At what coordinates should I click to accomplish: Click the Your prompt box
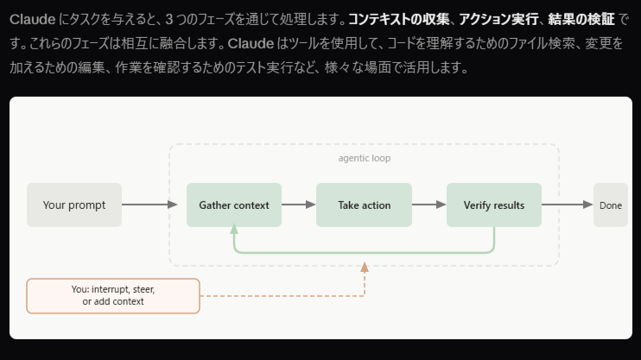pyautogui.click(x=74, y=205)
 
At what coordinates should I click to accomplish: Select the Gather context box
pyautogui.click(x=234, y=205)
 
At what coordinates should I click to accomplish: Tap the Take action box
pyautogui.click(x=364, y=205)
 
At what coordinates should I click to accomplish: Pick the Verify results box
pyautogui.click(x=493, y=205)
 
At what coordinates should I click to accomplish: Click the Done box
pyautogui.click(x=610, y=205)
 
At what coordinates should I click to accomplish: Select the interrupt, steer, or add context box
pyautogui.click(x=113, y=295)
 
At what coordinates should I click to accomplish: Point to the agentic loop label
pyautogui.click(x=364, y=158)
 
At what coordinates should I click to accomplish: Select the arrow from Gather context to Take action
pyautogui.click(x=298, y=205)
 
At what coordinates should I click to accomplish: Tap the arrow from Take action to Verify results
pyautogui.click(x=428, y=205)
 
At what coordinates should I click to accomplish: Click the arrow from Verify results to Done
pyautogui.click(x=567, y=205)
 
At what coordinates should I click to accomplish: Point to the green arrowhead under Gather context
pyautogui.click(x=234, y=231)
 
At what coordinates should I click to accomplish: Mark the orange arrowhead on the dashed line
pyautogui.click(x=364, y=268)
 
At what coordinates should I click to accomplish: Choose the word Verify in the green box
pyautogui.click(x=478, y=205)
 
